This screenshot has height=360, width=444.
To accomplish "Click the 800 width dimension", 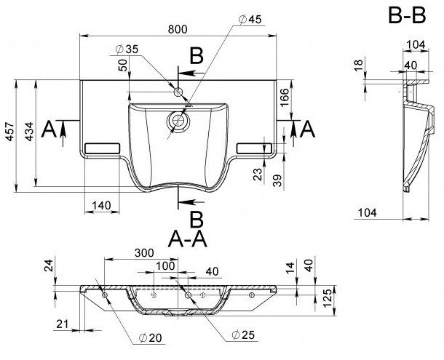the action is point(178,29).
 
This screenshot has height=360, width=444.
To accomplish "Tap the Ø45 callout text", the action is point(250,20).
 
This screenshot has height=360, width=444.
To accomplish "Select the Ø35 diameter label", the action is point(127,49).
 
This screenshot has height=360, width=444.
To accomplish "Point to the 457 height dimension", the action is point(10,132).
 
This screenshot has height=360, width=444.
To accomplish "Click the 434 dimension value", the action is point(29,132).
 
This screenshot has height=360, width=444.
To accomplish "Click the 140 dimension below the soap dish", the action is point(101,206).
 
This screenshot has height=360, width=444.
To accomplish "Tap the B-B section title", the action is point(407,15).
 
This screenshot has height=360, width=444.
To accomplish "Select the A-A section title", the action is point(188,239).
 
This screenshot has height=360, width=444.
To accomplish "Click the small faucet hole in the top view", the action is point(178,92).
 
